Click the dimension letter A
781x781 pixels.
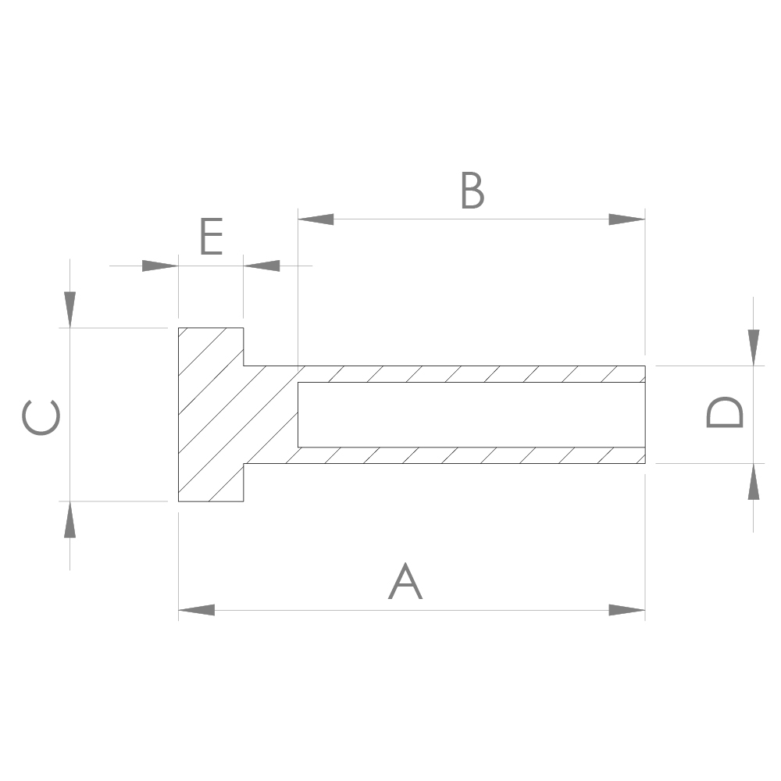[x=405, y=581]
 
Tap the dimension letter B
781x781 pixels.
[x=472, y=191]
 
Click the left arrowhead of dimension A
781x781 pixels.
[x=196, y=610]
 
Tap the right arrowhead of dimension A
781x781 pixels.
[x=627, y=610]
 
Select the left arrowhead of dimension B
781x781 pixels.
[x=316, y=219]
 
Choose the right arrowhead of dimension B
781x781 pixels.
[x=627, y=219]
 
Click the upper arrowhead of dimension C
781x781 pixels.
[x=70, y=309]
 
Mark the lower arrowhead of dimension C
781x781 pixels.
[x=70, y=519]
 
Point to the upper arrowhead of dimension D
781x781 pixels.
[x=754, y=347]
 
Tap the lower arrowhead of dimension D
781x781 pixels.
[x=754, y=482]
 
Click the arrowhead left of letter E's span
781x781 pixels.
[x=160, y=266]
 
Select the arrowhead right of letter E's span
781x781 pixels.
[x=262, y=266]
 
